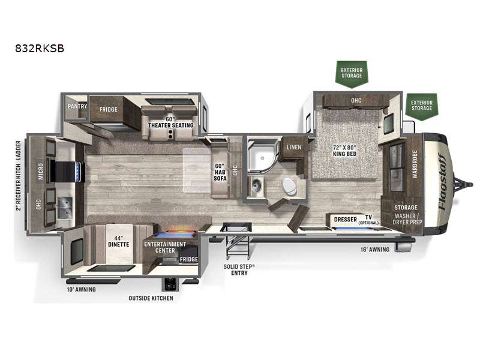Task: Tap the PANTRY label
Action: point(78,106)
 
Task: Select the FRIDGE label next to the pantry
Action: point(108,110)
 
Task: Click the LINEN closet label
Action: point(294,147)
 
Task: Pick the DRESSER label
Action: point(345,220)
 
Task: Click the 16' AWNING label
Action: point(374,249)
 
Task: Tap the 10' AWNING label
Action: point(81,289)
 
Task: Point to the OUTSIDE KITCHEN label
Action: point(151,298)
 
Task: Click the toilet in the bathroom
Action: point(286,185)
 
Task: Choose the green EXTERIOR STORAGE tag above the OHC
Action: point(352,72)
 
